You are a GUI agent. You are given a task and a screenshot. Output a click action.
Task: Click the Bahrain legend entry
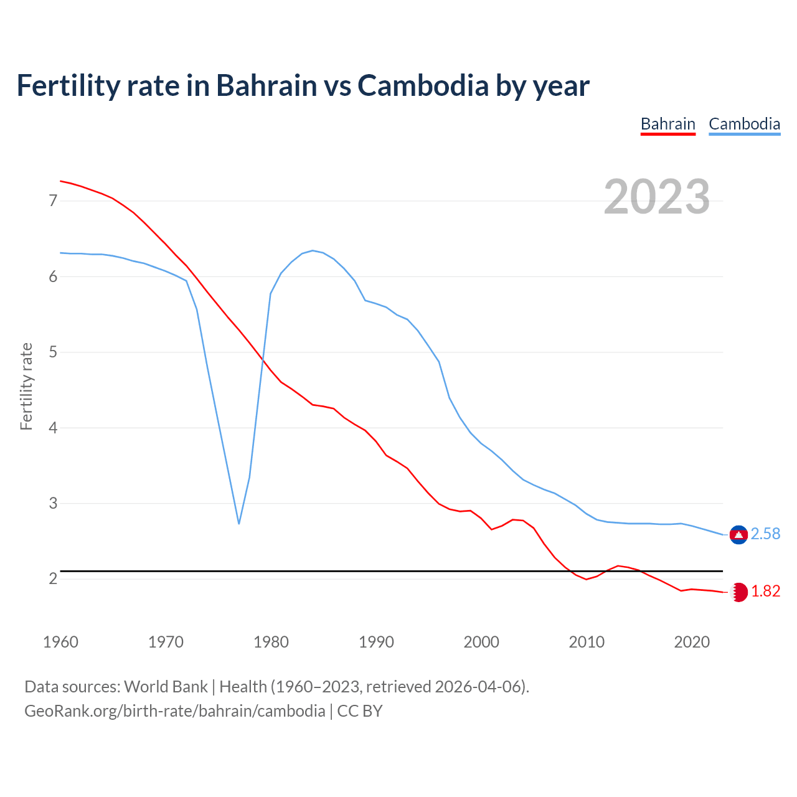(x=667, y=124)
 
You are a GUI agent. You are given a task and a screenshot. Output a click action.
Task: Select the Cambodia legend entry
(x=744, y=124)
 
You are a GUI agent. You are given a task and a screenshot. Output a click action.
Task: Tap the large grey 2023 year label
(x=656, y=197)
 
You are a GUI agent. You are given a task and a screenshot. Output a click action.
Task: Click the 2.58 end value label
(x=765, y=534)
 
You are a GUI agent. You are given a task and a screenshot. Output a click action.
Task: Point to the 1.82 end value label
(x=765, y=592)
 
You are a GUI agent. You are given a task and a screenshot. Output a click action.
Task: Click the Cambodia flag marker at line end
(x=738, y=535)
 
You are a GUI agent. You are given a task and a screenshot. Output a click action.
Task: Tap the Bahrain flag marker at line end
(x=738, y=592)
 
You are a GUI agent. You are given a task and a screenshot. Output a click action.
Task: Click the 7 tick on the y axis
(x=53, y=200)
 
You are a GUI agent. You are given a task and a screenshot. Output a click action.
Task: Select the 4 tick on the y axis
(x=53, y=428)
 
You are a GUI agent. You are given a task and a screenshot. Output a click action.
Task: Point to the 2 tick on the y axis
(x=53, y=579)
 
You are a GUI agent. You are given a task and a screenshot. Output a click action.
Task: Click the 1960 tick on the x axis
(x=60, y=642)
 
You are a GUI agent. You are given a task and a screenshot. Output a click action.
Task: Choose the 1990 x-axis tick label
(x=376, y=642)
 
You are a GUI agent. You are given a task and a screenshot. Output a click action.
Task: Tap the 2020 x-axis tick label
(x=692, y=642)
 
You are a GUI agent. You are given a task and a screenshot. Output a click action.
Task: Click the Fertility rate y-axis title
(x=26, y=386)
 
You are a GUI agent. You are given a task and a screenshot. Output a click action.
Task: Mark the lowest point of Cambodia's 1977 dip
(x=239, y=523)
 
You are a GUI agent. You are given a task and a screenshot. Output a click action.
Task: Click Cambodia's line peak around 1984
(x=313, y=250)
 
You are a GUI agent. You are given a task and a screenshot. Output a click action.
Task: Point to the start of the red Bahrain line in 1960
(x=61, y=181)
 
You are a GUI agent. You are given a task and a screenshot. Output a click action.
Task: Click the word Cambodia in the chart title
(x=423, y=86)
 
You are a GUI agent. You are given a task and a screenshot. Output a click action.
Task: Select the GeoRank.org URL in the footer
(x=174, y=711)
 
